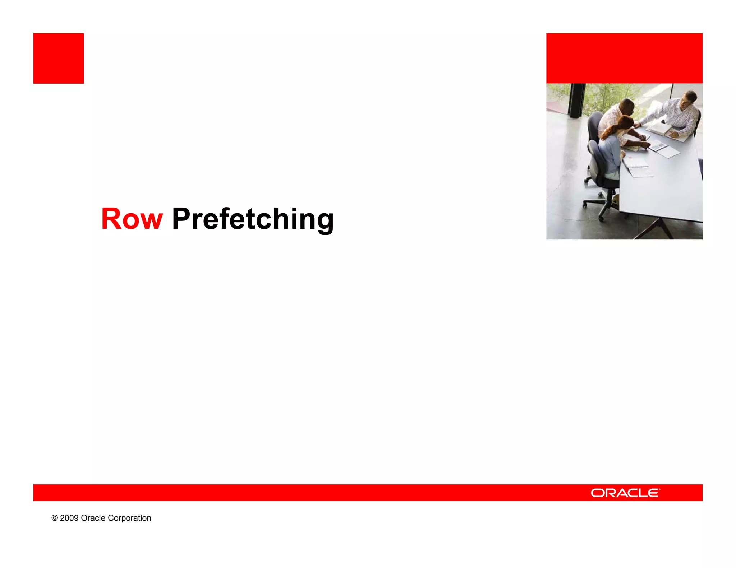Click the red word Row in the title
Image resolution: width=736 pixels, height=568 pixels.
(x=132, y=219)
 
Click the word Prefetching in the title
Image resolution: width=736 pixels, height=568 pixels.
(x=253, y=219)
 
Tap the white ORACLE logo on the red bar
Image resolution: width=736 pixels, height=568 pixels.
(x=625, y=493)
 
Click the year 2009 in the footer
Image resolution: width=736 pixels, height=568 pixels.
(x=69, y=518)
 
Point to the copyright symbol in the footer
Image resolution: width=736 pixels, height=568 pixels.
(x=55, y=518)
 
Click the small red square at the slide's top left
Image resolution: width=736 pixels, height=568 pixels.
(x=59, y=59)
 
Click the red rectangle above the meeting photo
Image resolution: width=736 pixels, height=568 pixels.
(x=624, y=59)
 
